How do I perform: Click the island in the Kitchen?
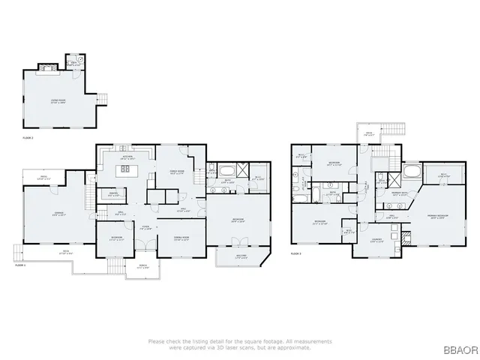[x=125, y=169]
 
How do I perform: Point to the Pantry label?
[x=114, y=195]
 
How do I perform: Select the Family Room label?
[x=178, y=172]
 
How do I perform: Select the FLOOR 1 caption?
[x=20, y=265]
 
